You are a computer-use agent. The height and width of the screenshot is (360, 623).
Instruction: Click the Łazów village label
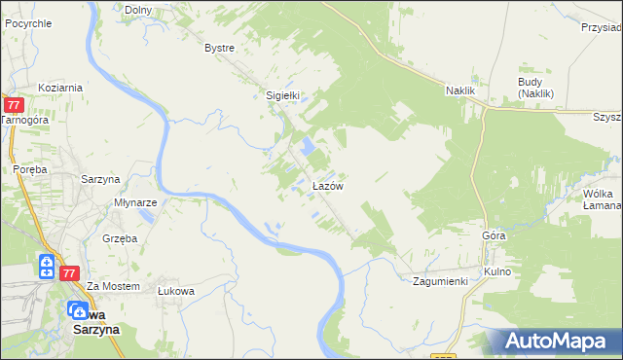(x=325, y=185)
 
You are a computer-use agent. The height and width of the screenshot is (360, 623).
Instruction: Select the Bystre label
(x=220, y=48)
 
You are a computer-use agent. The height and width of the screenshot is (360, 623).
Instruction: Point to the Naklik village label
(x=459, y=90)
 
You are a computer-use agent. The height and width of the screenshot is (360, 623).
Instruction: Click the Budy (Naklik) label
(x=535, y=88)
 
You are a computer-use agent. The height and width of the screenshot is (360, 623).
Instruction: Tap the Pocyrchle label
(x=28, y=20)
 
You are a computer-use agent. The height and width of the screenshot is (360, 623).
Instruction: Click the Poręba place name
(x=30, y=168)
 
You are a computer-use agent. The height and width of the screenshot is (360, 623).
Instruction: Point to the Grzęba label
(x=122, y=237)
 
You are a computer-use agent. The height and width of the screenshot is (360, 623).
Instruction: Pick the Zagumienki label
(x=440, y=281)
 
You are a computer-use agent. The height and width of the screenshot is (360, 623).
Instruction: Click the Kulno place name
(x=496, y=271)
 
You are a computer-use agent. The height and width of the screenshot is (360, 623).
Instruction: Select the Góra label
(x=494, y=236)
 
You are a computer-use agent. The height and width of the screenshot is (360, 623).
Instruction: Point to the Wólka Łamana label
(x=602, y=199)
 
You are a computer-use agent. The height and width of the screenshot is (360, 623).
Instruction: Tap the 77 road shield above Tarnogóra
(x=14, y=104)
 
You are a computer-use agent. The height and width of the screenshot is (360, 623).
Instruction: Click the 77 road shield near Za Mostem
(x=68, y=273)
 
